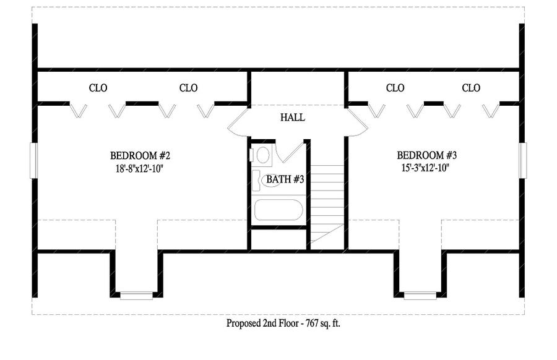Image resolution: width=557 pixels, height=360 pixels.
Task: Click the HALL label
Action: click(292, 118)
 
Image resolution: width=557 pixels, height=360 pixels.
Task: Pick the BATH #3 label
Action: click(284, 179)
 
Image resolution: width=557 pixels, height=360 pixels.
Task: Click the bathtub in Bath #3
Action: click(278, 210)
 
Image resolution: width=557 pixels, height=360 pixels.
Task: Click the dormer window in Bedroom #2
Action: click(136, 296)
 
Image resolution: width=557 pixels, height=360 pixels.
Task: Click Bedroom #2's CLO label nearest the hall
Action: click(188, 88)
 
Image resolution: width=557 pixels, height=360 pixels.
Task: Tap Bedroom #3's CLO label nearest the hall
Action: click(395, 88)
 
